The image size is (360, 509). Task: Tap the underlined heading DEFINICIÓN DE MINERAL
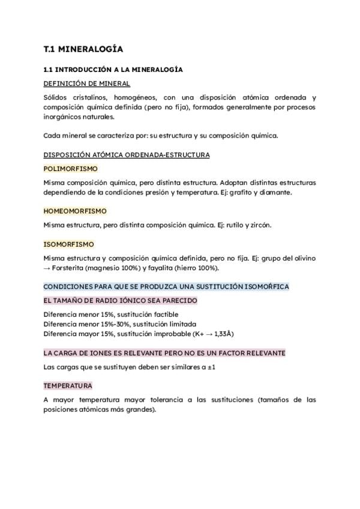(87, 83)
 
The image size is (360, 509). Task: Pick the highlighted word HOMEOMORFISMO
(75, 211)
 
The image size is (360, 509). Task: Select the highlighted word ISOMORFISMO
(68, 244)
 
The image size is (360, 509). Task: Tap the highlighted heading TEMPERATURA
(68, 385)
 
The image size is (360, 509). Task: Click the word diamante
(275, 193)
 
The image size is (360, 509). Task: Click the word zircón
(259, 225)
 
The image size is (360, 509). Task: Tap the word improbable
(171, 334)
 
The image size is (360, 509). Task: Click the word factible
(164, 315)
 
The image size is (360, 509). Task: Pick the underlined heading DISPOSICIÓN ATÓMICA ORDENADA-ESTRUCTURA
(127, 155)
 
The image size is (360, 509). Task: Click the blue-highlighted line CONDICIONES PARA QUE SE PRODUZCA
(166, 286)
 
